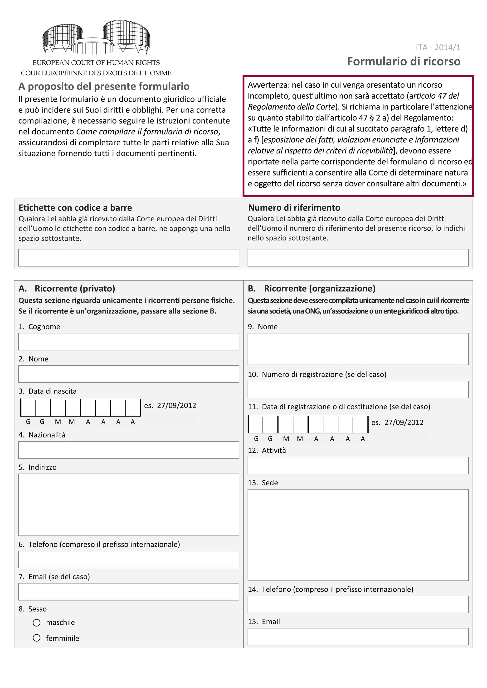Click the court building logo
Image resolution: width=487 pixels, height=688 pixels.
click(x=96, y=38)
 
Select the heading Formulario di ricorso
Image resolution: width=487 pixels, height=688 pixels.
click(x=403, y=62)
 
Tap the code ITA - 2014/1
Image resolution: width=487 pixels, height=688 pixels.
click(x=438, y=47)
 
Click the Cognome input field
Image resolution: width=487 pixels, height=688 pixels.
click(x=128, y=341)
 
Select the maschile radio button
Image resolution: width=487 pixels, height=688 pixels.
click(x=37, y=622)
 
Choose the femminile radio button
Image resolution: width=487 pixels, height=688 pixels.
click(x=37, y=638)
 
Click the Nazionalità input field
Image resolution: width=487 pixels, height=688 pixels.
click(x=128, y=450)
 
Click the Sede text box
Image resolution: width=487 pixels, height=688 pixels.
click(x=358, y=534)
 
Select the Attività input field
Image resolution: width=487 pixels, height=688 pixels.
click(x=358, y=465)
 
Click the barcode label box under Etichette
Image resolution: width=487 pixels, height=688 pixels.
click(x=128, y=257)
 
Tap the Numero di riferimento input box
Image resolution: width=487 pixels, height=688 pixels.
click(x=358, y=257)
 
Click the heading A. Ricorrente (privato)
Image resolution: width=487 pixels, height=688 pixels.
click(x=67, y=288)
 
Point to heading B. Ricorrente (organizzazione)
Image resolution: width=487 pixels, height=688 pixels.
click(x=312, y=288)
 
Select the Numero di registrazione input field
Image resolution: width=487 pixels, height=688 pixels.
click(x=358, y=389)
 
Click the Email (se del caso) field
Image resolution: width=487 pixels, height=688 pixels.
click(x=128, y=592)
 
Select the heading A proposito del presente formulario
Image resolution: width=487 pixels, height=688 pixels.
click(x=104, y=86)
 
